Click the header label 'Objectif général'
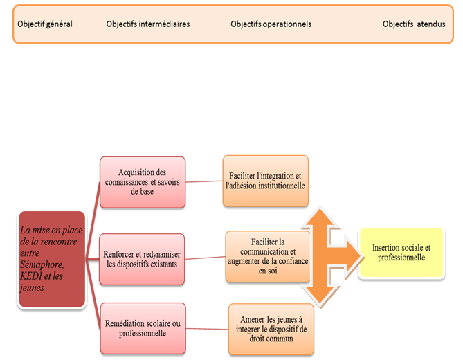pos(45,24)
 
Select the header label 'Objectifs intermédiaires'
pos(148,24)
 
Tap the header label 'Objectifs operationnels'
pos(271,24)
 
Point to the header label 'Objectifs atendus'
pos(414,24)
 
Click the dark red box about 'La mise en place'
pos(51,260)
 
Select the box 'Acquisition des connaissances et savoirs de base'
pos(143,182)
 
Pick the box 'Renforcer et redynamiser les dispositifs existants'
pos(143,259)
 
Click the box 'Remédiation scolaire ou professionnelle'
pos(143,327)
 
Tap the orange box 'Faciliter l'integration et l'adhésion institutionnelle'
pos(265,181)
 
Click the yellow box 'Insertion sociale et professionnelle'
pos(401,253)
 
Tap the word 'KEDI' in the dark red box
pos(34,276)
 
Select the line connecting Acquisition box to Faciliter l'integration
pos(204,182)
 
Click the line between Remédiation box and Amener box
pos(207,327)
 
